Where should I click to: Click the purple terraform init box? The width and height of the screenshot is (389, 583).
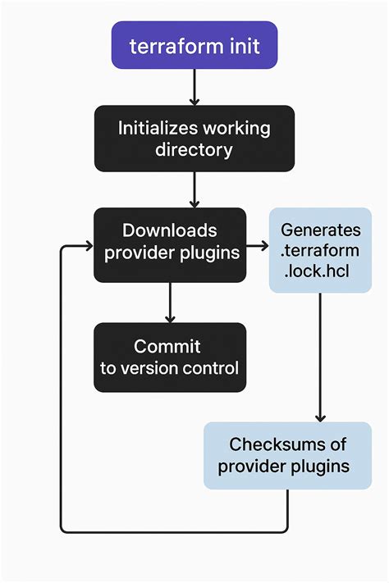coord(194,45)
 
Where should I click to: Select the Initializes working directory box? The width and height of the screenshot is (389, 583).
coord(194,139)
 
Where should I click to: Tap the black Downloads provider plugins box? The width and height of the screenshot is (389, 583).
coord(170,244)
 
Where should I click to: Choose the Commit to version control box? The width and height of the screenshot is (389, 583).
coord(170,357)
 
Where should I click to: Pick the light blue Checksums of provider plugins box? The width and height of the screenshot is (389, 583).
coord(288,455)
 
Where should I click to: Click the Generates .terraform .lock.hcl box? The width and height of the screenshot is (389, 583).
coord(320,250)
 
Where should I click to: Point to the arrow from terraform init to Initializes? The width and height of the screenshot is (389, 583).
coord(194,87)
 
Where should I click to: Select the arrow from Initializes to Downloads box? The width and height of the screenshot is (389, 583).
coord(194,189)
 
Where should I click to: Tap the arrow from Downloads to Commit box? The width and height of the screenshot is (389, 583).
coord(170,303)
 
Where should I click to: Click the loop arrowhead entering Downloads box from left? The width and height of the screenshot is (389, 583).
coord(86,244)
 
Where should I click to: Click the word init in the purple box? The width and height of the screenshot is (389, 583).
coord(244,46)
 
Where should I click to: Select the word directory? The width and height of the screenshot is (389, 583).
coord(194,150)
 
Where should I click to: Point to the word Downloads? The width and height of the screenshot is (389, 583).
coord(170,230)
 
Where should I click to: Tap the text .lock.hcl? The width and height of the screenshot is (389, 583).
coord(320,271)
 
